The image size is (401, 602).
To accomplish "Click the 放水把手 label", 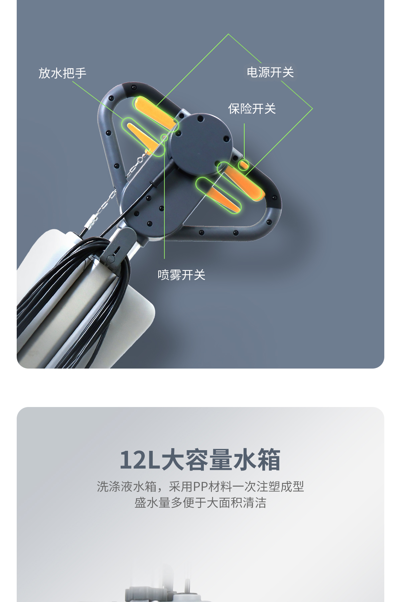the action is pyautogui.click(x=62, y=73).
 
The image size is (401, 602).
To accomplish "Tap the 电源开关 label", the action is pyautogui.click(x=270, y=72).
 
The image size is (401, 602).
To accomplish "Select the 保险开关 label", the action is pyautogui.click(x=252, y=109).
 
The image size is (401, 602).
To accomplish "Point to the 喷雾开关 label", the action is pyautogui.click(x=181, y=275).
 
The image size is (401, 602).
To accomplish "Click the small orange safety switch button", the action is pyautogui.click(x=243, y=165).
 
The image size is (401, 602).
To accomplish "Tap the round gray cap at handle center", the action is pyautogui.click(x=200, y=143).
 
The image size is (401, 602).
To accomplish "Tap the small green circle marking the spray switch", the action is pyautogui.click(x=164, y=137).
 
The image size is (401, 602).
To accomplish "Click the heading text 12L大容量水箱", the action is pyautogui.click(x=200, y=460).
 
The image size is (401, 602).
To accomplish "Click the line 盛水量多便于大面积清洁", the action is pyautogui.click(x=200, y=503).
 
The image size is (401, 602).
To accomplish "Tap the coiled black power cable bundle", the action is pyautogui.click(x=77, y=294).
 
